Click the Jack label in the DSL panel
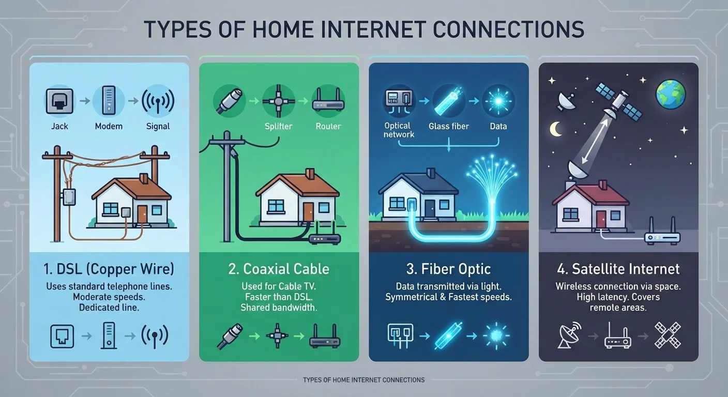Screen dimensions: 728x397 click(x=59, y=126)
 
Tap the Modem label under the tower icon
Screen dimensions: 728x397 click(x=109, y=126)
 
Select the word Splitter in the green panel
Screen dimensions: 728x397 click(x=279, y=126)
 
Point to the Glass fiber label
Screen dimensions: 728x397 click(x=448, y=126)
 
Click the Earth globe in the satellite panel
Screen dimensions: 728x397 click(x=671, y=94)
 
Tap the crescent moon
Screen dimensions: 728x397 click(x=556, y=129)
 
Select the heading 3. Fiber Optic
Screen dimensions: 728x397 click(x=448, y=269)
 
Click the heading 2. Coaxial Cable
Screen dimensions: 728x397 click(x=279, y=269)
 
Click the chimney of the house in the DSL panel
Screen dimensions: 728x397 click(x=143, y=179)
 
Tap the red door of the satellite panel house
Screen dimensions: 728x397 click(x=601, y=219)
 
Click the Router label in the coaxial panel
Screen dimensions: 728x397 click(x=328, y=126)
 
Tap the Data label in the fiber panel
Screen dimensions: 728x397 click(x=498, y=126)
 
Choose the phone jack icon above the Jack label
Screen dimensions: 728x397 click(x=59, y=101)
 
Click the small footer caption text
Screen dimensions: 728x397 click(x=363, y=380)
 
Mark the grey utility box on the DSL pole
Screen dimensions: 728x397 click(x=69, y=197)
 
